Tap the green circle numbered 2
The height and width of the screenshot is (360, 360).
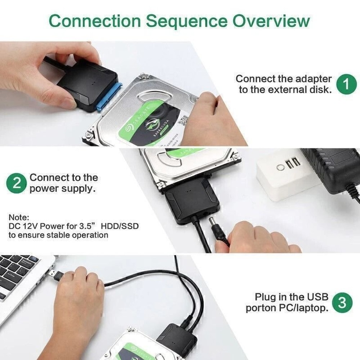tap(17, 183)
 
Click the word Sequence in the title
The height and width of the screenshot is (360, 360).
tap(187, 21)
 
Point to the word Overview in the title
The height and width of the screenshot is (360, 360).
tap(271, 21)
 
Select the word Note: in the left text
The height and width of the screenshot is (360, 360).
tap(18, 217)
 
